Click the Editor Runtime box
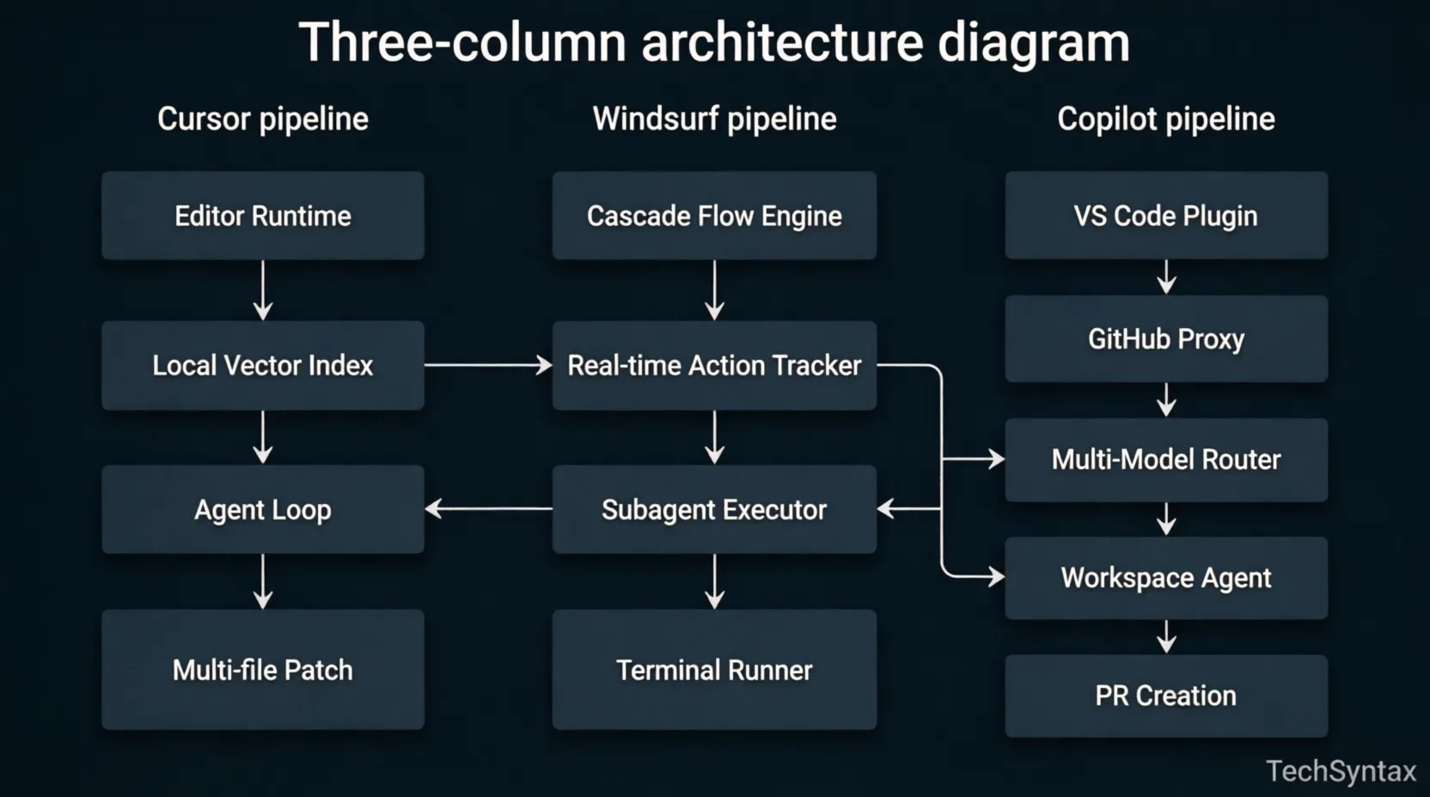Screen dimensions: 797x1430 pos(263,216)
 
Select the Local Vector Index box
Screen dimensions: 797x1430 pos(263,365)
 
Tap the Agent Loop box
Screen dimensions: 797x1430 pos(263,509)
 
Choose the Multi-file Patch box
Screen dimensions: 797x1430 pos(263,670)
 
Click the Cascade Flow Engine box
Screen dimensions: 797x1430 pos(714,216)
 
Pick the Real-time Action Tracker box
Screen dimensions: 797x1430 pos(714,365)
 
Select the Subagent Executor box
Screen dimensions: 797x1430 pos(714,509)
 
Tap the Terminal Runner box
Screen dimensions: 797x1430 pos(714,670)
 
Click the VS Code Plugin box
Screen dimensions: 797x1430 pos(1166,216)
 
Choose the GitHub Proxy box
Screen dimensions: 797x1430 pos(1166,339)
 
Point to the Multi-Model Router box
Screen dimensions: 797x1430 pos(1166,459)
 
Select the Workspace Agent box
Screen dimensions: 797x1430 pos(1166,578)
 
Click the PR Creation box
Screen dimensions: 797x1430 pos(1166,696)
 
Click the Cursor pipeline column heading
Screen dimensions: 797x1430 pos(263,119)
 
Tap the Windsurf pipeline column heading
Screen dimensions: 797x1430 pos(714,119)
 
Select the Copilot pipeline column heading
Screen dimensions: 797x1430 pos(1166,119)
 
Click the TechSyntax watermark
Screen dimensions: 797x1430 pos(1341,771)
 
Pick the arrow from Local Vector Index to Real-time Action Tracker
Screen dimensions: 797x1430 pos(488,365)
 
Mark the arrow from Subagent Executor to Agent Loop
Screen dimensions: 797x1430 pos(488,509)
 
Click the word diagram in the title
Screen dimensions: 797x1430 pos(1033,43)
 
